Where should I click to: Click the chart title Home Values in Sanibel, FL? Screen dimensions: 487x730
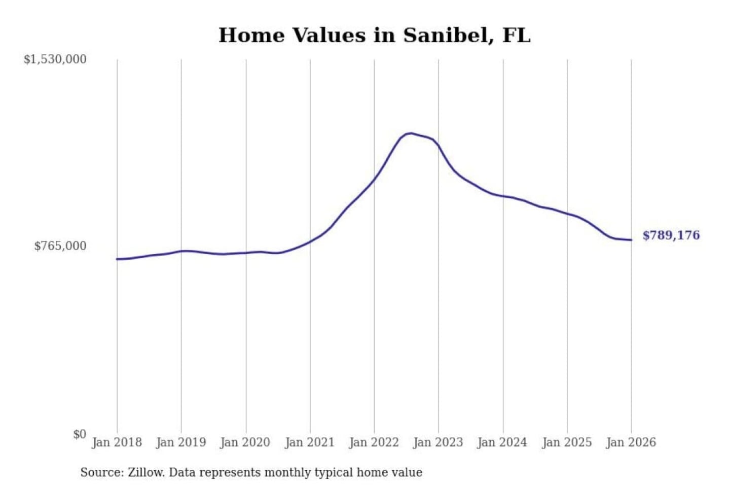click(x=374, y=36)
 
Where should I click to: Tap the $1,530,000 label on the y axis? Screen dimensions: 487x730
click(x=55, y=59)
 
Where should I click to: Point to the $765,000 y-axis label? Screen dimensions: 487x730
click(x=60, y=246)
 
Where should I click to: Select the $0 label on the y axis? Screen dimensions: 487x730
click(x=80, y=434)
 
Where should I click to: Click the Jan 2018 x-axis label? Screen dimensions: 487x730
click(x=117, y=442)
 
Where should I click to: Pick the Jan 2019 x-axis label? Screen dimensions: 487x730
click(x=181, y=442)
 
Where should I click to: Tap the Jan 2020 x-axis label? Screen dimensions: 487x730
click(x=245, y=442)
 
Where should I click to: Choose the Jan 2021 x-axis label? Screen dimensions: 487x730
click(x=310, y=442)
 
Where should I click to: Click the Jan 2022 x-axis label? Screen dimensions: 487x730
click(x=374, y=442)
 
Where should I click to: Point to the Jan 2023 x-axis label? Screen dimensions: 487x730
click(x=438, y=442)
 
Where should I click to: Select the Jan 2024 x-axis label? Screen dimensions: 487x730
click(x=502, y=442)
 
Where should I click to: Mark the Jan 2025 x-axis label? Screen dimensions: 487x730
click(x=567, y=442)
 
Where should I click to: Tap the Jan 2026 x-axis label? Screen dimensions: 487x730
click(x=631, y=442)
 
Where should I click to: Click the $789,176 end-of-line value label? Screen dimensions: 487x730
click(x=671, y=235)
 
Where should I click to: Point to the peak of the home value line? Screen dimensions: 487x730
click(x=411, y=133)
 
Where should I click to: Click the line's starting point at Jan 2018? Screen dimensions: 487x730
click(x=117, y=259)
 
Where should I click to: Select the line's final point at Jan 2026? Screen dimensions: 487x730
click(x=631, y=240)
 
